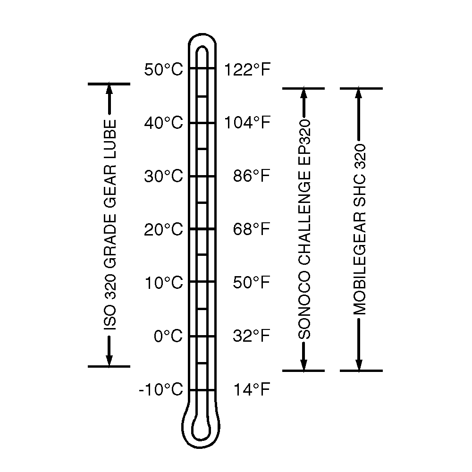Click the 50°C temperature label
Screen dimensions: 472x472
tap(163, 69)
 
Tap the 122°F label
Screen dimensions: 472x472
tap(247, 69)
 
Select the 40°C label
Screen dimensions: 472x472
tap(163, 123)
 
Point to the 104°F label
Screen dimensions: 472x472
tap(247, 123)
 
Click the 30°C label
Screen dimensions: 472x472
tap(163, 176)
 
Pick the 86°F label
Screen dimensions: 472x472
tap(252, 176)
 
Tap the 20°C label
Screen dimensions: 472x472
tap(163, 229)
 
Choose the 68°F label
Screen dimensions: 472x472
tap(252, 229)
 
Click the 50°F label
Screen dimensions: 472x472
tap(252, 282)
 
